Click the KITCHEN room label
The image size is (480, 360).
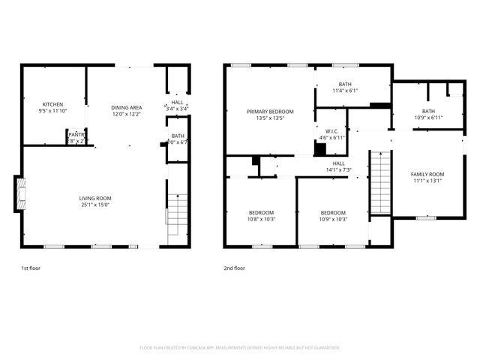coord(52,104)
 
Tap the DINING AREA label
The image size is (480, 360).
coord(127,107)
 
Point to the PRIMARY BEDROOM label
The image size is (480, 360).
coord(270,112)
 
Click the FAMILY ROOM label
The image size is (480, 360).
coord(427,174)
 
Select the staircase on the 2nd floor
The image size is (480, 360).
coord(380,182)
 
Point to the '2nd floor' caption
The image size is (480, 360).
coord(234,268)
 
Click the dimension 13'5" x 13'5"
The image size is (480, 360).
coord(270,118)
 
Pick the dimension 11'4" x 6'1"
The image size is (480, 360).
coord(345,91)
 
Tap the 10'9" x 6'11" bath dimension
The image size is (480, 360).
coord(428,118)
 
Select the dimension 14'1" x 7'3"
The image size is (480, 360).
coord(339,170)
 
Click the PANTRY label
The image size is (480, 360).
coord(77,134)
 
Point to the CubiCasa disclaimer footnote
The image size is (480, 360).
coord(240,347)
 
